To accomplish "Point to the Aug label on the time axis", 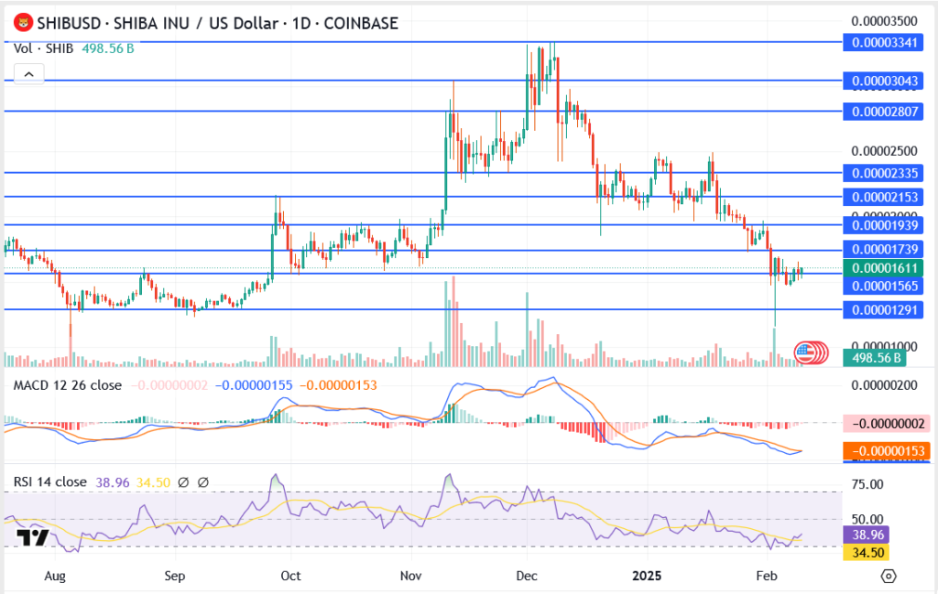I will (56, 577).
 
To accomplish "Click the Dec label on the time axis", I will (526, 577).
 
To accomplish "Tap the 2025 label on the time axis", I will (648, 577).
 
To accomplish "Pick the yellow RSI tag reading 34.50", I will (865, 553).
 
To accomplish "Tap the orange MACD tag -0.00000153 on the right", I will (885, 450).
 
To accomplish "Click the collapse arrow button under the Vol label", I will (28, 73).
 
